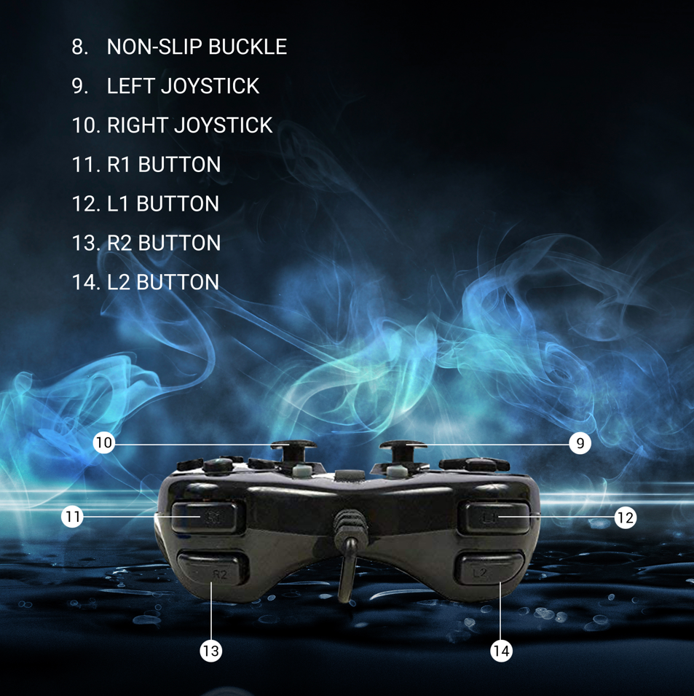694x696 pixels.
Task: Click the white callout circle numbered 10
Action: [x=103, y=442]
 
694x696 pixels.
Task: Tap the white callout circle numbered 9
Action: [x=580, y=443]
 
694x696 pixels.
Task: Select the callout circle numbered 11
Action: [x=72, y=517]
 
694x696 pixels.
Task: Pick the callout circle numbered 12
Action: [x=626, y=517]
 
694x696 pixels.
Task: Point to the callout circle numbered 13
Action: [x=210, y=651]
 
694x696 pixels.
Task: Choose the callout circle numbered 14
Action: [x=502, y=651]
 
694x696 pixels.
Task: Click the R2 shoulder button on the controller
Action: [x=213, y=568]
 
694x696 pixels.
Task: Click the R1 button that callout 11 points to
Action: [x=208, y=517]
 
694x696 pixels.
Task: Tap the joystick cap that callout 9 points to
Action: [x=403, y=445]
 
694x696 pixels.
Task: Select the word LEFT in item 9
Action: [x=131, y=86]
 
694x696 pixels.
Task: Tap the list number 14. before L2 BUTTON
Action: [x=86, y=282]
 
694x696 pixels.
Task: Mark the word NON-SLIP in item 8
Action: [x=155, y=47]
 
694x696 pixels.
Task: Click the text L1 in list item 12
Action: [x=118, y=204]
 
